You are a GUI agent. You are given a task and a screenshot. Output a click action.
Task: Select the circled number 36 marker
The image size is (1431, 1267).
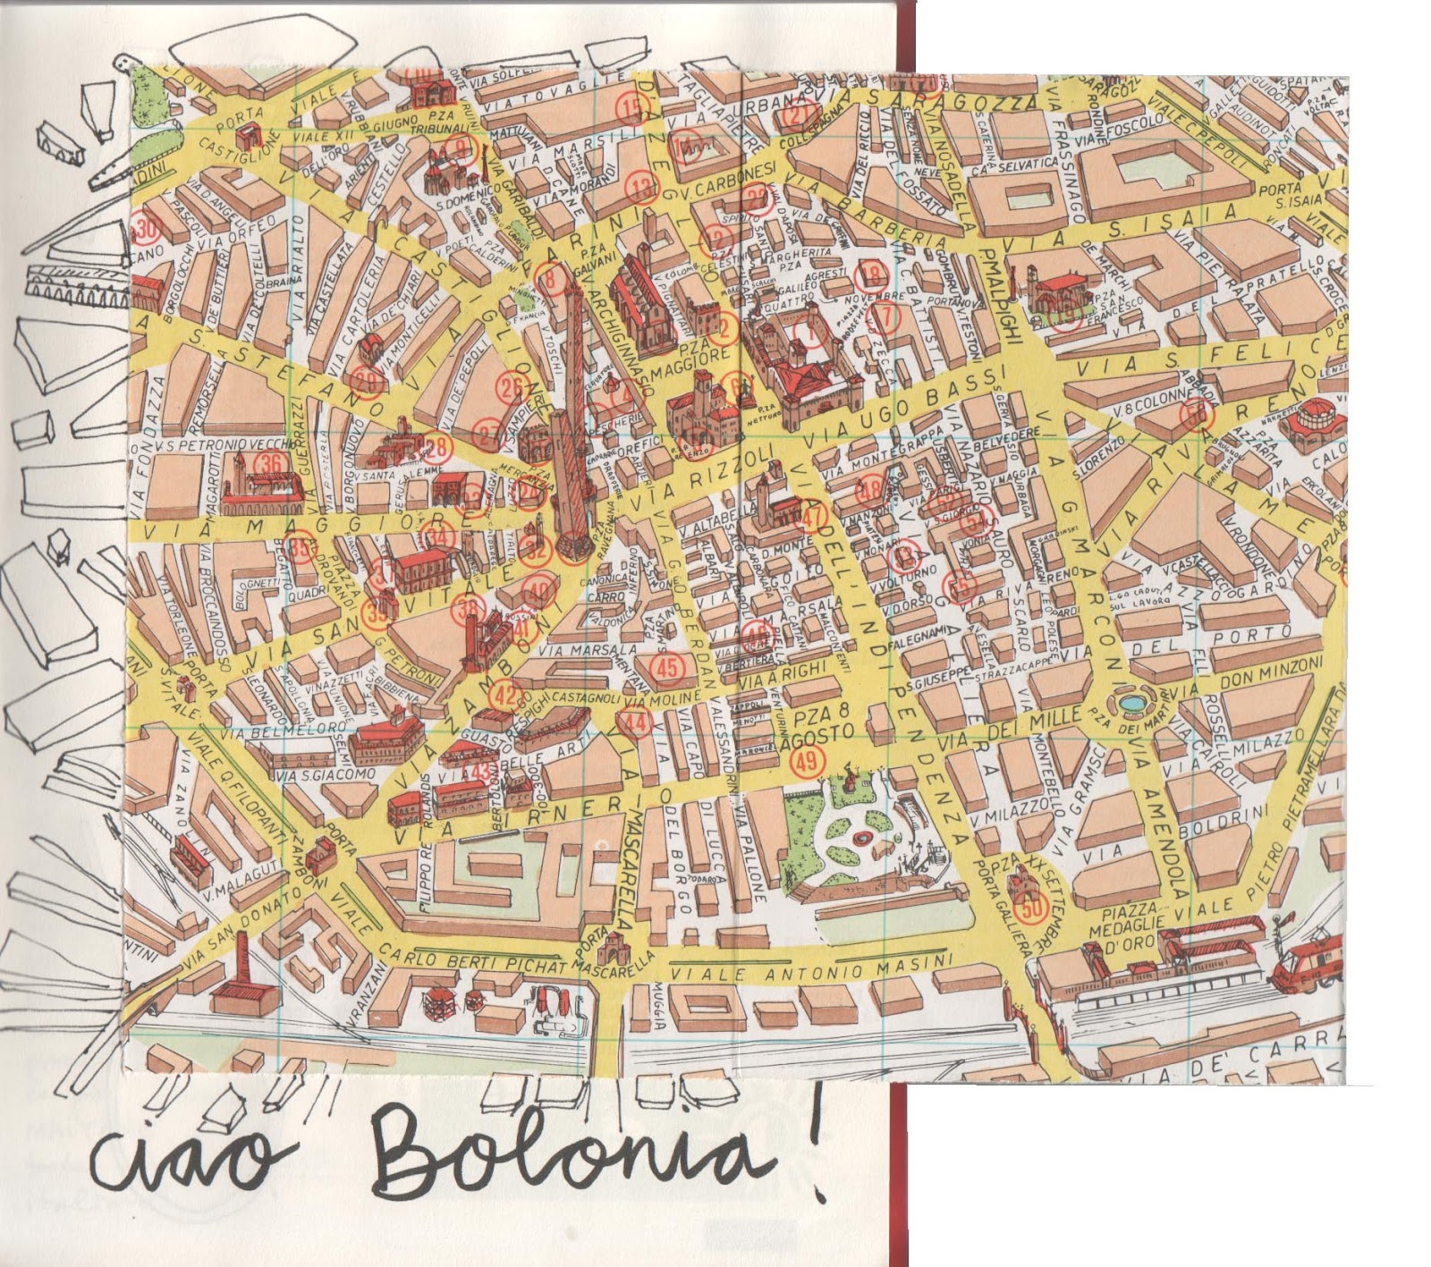(x=270, y=463)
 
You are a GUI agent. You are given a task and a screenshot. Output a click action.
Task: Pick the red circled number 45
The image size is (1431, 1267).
(x=667, y=667)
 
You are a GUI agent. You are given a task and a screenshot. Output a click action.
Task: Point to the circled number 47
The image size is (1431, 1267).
(x=813, y=517)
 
